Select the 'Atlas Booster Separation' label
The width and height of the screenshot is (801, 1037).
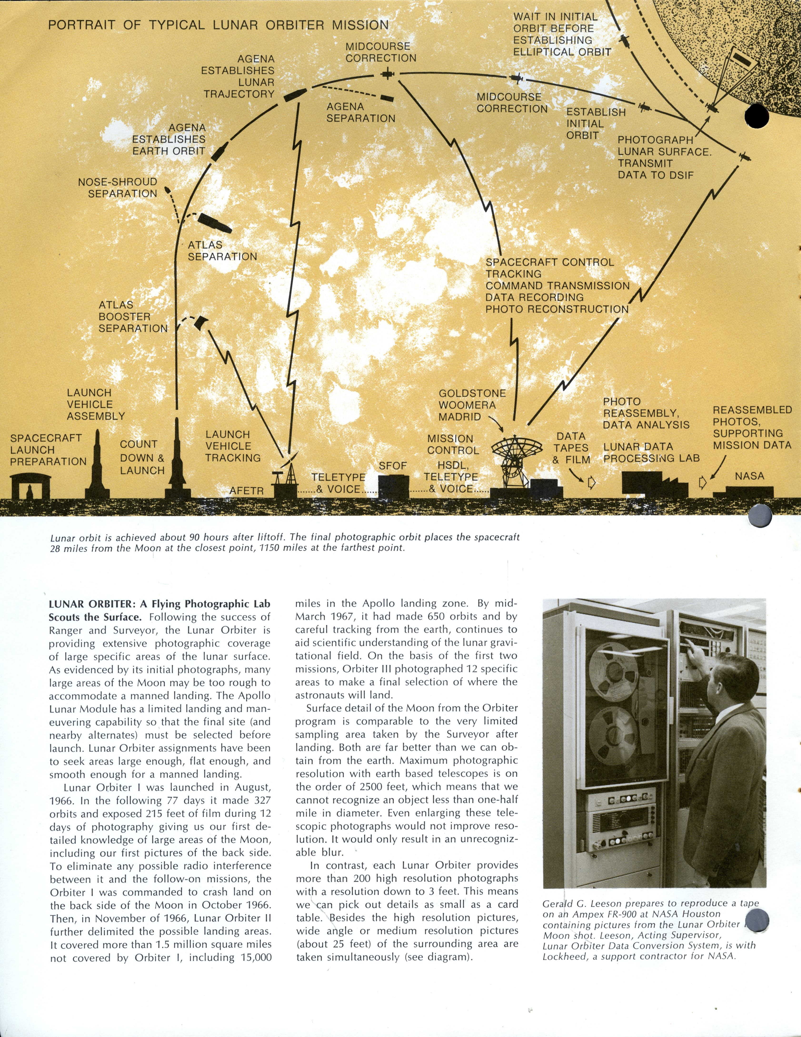pos(133,317)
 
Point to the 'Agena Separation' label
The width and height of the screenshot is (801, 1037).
pos(360,113)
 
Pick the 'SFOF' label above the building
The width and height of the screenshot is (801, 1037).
pos(393,466)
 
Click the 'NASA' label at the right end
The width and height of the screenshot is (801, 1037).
pos(749,476)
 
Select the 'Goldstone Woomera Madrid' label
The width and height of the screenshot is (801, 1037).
pos(472,405)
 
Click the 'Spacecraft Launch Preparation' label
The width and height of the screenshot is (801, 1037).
pos(48,450)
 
